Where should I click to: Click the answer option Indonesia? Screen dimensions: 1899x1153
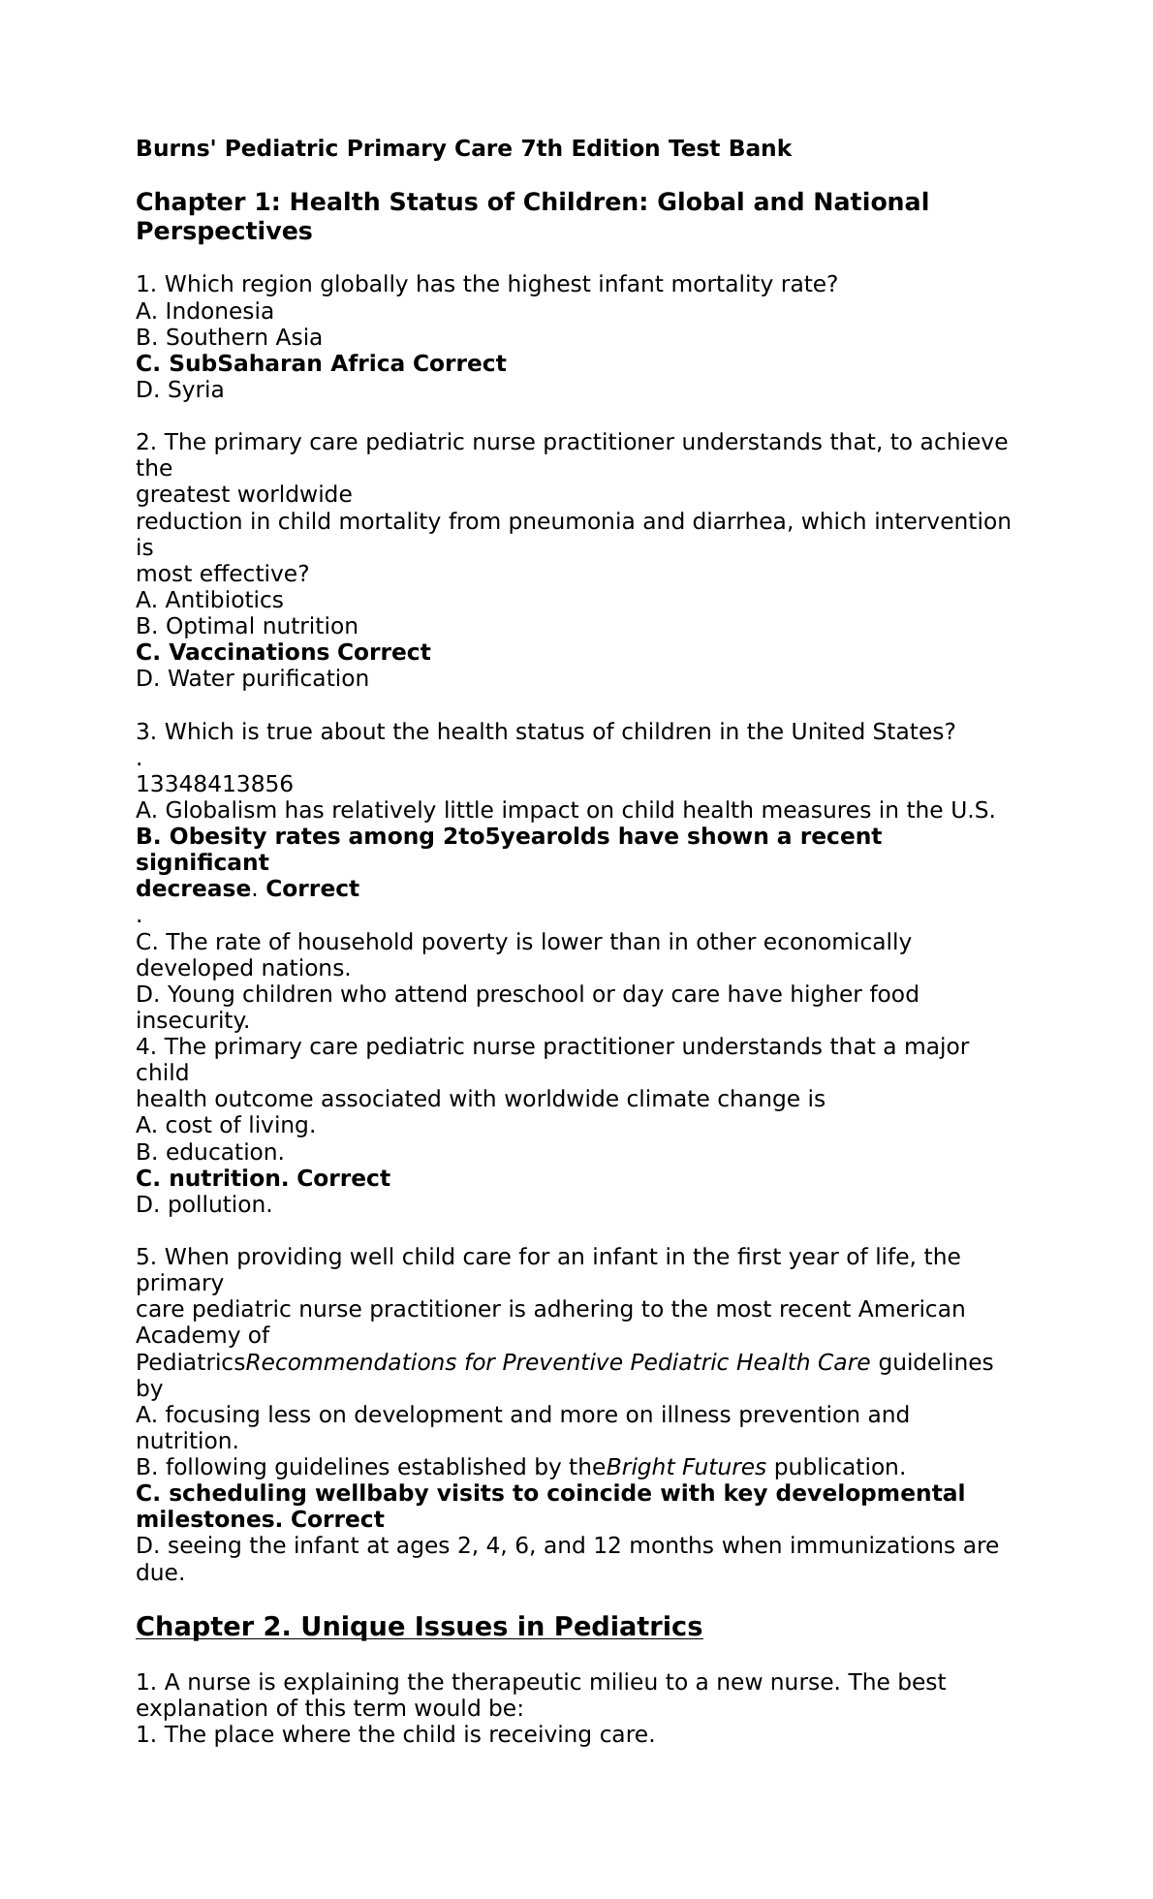point(219,311)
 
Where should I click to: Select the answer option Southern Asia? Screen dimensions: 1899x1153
point(243,337)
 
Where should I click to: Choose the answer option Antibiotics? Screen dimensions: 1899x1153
point(224,600)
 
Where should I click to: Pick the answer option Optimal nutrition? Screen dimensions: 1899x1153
point(262,626)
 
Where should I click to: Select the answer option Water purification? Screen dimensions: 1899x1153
point(267,678)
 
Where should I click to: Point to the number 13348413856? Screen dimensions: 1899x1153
point(214,784)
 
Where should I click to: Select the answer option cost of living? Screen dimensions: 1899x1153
point(240,1125)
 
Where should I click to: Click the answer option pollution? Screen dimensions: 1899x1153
point(220,1204)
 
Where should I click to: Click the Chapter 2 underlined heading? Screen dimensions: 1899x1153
point(419,1626)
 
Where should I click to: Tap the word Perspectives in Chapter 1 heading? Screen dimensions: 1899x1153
point(224,232)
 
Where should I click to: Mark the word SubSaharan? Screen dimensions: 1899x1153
point(245,363)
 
